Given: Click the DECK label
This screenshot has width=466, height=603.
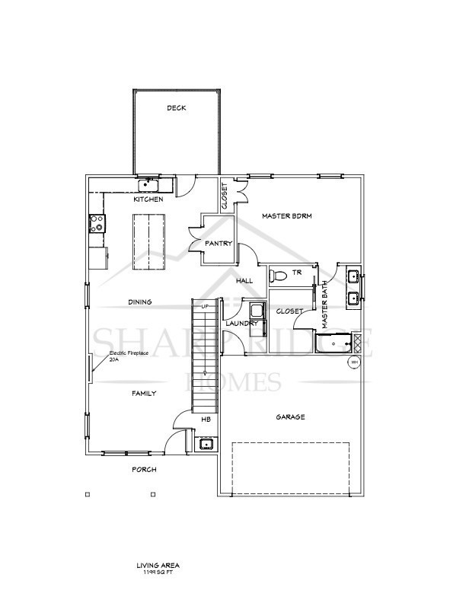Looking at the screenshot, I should [x=177, y=108].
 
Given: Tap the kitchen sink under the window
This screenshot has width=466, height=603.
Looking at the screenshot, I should [x=147, y=185].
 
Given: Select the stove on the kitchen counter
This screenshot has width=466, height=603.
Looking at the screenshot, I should [x=97, y=223].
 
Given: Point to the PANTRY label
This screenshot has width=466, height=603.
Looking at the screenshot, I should [x=218, y=244].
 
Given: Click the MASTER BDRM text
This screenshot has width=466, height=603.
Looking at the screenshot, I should [x=287, y=216].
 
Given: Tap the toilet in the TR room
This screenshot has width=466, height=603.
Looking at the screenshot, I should [x=279, y=275].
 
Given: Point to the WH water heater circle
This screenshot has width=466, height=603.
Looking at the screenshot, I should [x=355, y=363].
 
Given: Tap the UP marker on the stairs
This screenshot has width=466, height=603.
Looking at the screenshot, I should [x=204, y=306].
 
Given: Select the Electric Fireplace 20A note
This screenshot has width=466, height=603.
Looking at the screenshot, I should [x=127, y=356].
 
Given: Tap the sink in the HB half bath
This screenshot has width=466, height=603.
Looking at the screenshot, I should [x=206, y=445].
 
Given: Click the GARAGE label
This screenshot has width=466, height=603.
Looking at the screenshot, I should [x=290, y=417].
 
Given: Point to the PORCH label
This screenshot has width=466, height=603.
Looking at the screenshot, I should [x=144, y=470].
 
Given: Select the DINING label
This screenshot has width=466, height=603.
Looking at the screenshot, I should [x=139, y=302].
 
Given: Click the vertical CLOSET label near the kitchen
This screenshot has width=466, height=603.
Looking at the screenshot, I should [x=225, y=196].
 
